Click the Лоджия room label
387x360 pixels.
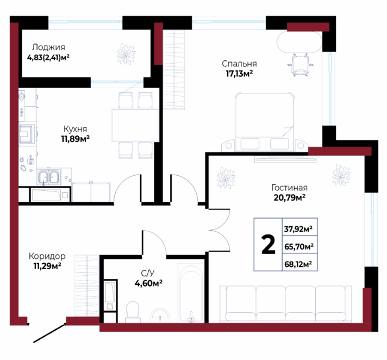click(x=48, y=47)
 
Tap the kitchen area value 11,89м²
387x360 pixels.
click(x=75, y=139)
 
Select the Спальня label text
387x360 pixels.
click(x=239, y=64)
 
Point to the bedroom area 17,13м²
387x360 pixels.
click(x=239, y=73)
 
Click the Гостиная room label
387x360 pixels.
click(x=289, y=188)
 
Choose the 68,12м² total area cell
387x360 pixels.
click(x=298, y=264)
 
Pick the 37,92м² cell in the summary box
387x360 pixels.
click(x=298, y=229)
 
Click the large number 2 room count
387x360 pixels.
click(x=269, y=245)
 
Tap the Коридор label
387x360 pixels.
click(x=47, y=256)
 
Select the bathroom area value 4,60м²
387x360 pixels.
click(x=148, y=283)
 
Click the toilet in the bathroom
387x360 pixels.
click(x=133, y=312)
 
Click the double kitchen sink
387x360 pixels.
click(x=49, y=177)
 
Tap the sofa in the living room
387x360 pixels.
click(x=285, y=304)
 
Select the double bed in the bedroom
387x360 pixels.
click(x=265, y=122)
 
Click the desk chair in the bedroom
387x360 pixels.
click(x=301, y=65)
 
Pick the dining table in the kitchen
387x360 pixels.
click(x=135, y=126)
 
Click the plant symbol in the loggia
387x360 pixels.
click(x=126, y=54)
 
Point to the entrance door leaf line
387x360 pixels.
click(x=49, y=333)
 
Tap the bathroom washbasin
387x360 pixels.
click(x=160, y=315)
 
